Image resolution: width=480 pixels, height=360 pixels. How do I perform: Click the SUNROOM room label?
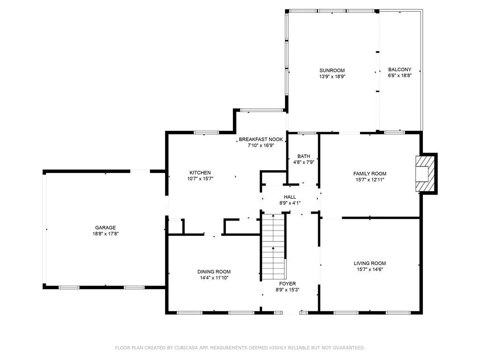click(x=332, y=70)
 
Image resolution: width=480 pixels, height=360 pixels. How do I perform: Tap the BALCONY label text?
click(x=399, y=69)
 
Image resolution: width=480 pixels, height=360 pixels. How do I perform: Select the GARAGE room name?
click(x=105, y=227)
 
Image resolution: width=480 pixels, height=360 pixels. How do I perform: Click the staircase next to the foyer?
click(x=273, y=246)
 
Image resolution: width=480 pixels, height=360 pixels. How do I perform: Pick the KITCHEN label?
click(x=200, y=172)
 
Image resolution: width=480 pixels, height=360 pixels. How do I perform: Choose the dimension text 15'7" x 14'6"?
click(x=370, y=270)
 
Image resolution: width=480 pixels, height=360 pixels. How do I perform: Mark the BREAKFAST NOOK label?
click(x=261, y=139)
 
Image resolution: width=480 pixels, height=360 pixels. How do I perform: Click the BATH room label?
click(x=303, y=157)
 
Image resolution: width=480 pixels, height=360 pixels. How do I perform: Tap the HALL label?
click(x=290, y=197)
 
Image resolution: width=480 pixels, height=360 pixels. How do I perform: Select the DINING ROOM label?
click(x=214, y=271)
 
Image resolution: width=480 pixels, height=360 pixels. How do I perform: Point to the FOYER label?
click(x=287, y=284)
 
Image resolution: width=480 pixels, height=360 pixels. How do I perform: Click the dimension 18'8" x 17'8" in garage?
click(x=105, y=233)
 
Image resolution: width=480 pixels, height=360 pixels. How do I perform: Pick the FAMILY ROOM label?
click(x=370, y=173)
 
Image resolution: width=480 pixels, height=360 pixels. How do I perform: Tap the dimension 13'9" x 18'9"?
click(x=332, y=76)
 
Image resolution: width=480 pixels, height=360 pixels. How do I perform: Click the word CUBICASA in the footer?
click(x=187, y=348)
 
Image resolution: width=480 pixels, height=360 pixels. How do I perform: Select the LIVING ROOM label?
click(x=370, y=263)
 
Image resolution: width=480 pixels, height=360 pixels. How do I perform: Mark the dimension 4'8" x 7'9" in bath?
click(x=303, y=163)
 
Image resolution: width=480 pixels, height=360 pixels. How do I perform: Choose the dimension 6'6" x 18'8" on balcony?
click(x=399, y=75)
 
